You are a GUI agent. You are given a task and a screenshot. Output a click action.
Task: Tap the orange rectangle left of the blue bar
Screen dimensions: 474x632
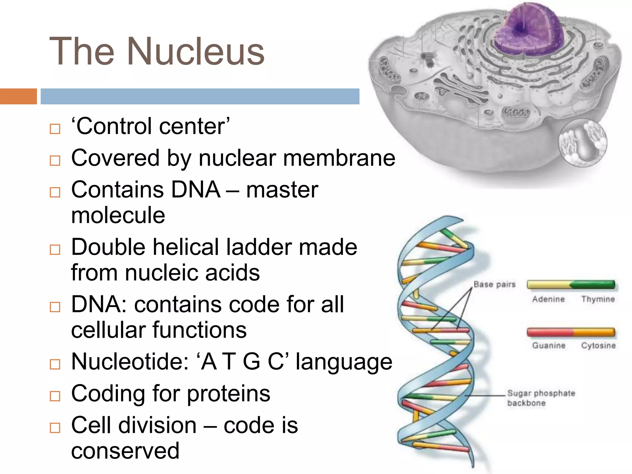pos(18,96)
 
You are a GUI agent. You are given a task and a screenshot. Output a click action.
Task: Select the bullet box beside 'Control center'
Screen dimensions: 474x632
pos(55,129)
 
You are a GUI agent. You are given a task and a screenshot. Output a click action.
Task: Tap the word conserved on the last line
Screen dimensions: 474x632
pos(125,451)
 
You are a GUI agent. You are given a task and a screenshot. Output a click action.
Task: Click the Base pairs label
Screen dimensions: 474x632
pos(494,285)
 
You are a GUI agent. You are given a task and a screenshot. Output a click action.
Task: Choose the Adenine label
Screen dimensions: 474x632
pos(548,299)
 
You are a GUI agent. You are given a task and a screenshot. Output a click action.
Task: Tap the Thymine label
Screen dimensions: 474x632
pos(598,299)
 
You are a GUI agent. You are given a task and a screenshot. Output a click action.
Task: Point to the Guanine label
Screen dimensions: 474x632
pos(548,345)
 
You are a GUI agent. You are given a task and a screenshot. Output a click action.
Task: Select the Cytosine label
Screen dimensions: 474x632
pos(598,345)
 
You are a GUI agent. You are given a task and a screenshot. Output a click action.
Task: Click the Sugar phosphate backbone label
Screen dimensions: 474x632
pos(541,398)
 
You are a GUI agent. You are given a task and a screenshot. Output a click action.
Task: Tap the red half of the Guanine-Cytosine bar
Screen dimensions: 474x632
pos(549,332)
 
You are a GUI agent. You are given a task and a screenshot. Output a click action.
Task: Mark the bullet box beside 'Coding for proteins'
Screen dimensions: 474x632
pos(55,396)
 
